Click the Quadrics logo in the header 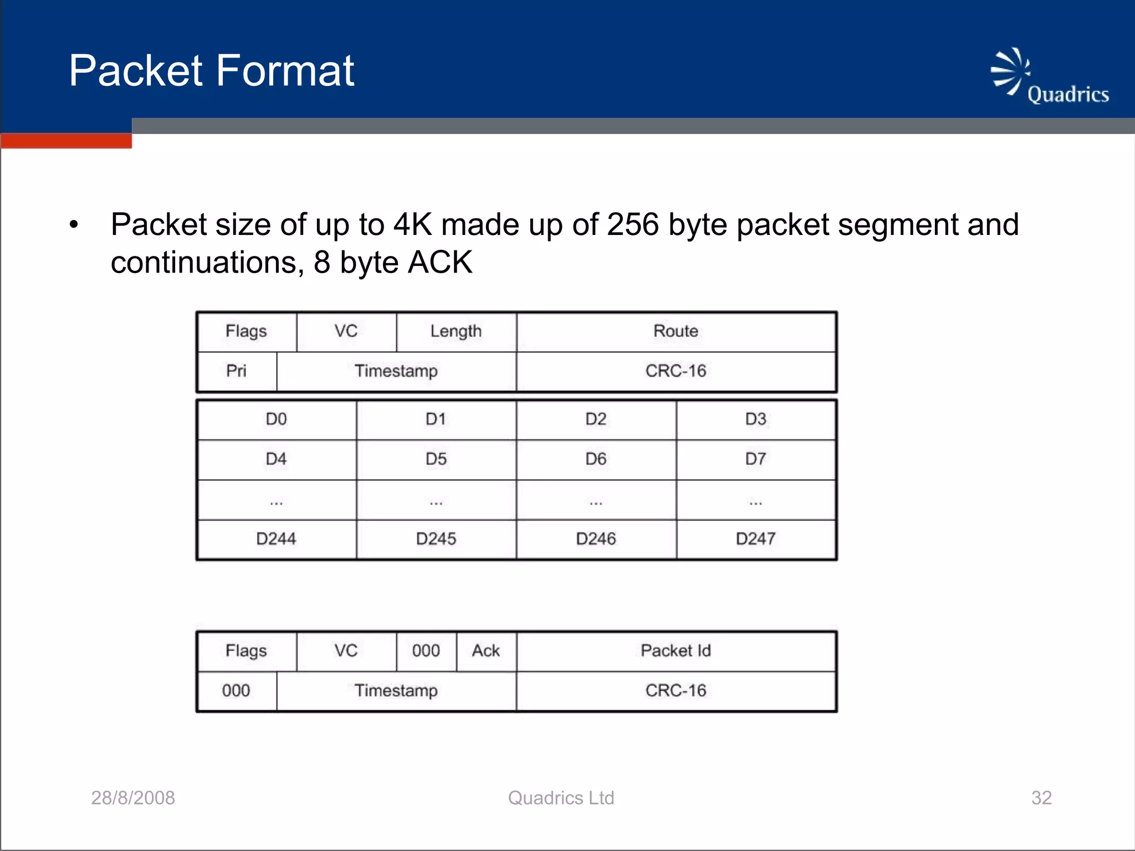coord(1049,77)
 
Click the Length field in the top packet coord(456,331)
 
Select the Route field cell coord(676,331)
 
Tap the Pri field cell coord(237,371)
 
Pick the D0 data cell coord(276,419)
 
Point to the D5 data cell coord(436,459)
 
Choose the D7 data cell coord(755,459)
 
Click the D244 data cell coord(276,539)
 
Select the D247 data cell coord(755,539)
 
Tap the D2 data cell coord(596,419)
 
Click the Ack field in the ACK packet coord(486,650)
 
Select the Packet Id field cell coord(676,650)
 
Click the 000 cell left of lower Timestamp coord(237,690)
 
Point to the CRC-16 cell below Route coord(676,371)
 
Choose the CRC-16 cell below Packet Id coord(676,690)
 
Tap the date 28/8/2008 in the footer coord(133,798)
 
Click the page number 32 coord(1041,798)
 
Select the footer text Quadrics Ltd coord(561,798)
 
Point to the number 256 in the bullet coord(632,225)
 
